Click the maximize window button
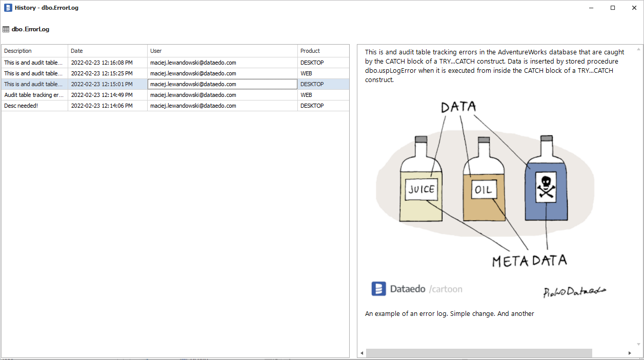click(613, 8)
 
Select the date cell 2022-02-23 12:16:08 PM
click(102, 63)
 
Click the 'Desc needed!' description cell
click(21, 106)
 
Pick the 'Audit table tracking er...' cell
click(34, 95)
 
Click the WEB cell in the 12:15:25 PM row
click(306, 73)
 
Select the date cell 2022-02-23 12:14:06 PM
click(102, 106)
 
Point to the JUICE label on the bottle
click(421, 189)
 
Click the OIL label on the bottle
click(482, 190)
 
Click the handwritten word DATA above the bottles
click(458, 107)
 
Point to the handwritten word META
click(510, 261)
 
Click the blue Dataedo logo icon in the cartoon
click(378, 289)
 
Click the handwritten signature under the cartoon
click(574, 291)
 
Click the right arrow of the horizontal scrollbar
click(630, 353)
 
